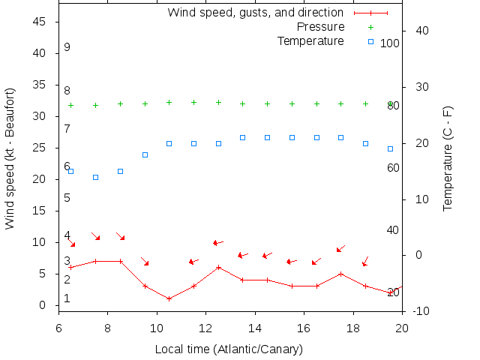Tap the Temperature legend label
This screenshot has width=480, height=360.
(x=310, y=40)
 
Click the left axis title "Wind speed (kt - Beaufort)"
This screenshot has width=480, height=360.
(x=10, y=158)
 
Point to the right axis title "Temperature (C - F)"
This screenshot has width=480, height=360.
(x=448, y=158)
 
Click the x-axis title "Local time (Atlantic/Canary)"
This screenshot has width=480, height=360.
(x=229, y=349)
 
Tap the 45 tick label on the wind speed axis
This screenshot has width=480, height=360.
(x=41, y=22)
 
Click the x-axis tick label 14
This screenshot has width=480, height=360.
(x=255, y=328)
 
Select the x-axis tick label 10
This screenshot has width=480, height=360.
(x=157, y=328)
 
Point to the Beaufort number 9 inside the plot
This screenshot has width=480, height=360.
(x=67, y=47)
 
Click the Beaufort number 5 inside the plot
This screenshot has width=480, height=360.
(x=67, y=198)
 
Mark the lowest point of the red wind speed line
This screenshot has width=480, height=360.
(x=169, y=298)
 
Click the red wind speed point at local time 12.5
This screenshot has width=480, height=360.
(x=218, y=267)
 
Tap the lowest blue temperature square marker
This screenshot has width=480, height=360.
(x=96, y=177)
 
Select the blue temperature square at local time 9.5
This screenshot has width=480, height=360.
(x=145, y=154)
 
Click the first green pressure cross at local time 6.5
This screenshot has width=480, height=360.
(x=71, y=105)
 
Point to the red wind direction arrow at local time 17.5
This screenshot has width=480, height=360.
(x=340, y=248)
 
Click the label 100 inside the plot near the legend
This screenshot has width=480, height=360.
(x=390, y=43)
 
